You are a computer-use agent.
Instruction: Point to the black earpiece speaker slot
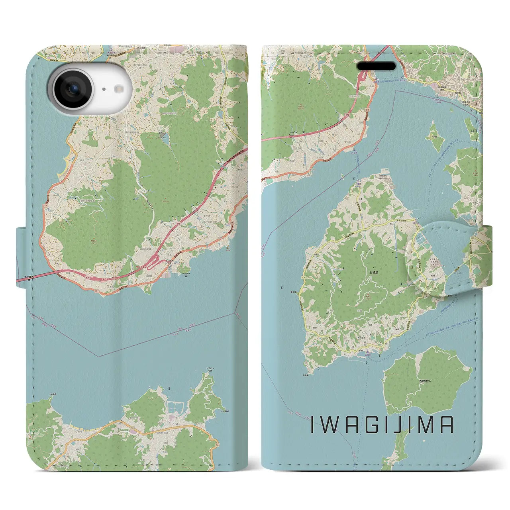[x=376, y=66]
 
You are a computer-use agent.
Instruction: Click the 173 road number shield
[x=473, y=238]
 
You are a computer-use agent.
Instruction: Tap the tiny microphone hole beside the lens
[x=104, y=89]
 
